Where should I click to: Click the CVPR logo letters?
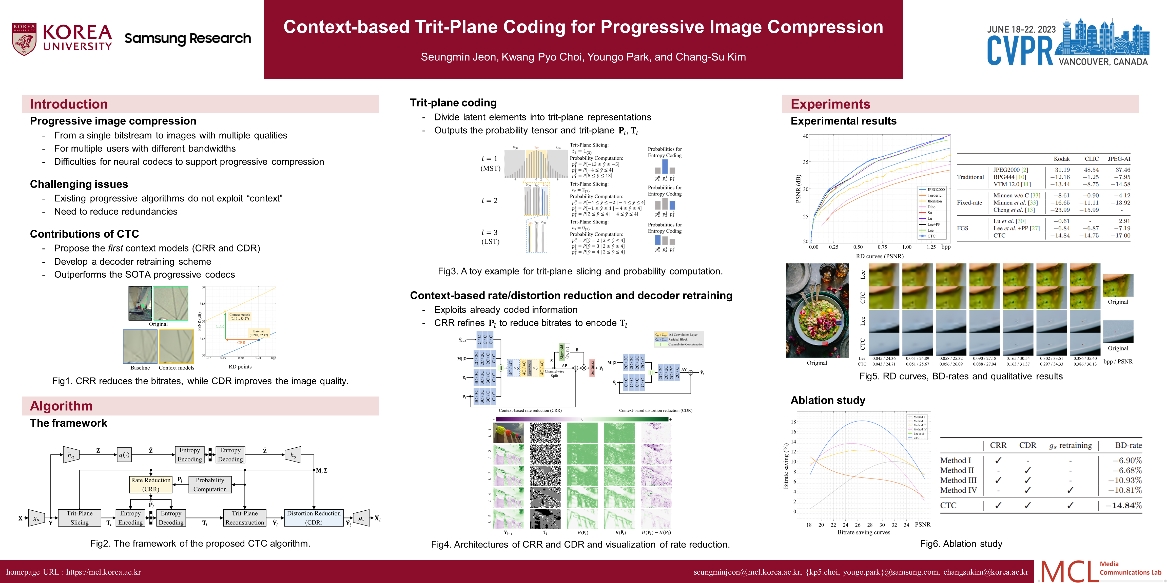(x=1020, y=51)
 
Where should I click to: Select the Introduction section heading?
(x=69, y=104)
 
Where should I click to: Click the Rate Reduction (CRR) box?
(x=151, y=484)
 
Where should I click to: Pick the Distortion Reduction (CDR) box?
(x=314, y=518)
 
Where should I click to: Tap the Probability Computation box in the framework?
(x=210, y=484)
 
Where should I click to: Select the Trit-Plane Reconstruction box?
(x=245, y=518)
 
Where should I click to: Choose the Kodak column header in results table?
(x=1061, y=159)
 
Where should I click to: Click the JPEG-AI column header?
(x=1119, y=159)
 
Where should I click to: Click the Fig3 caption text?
(x=580, y=271)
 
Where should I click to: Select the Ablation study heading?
(x=828, y=400)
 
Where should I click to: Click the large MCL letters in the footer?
(x=1068, y=571)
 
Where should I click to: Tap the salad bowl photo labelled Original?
(x=817, y=310)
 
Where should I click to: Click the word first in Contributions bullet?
(x=115, y=248)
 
